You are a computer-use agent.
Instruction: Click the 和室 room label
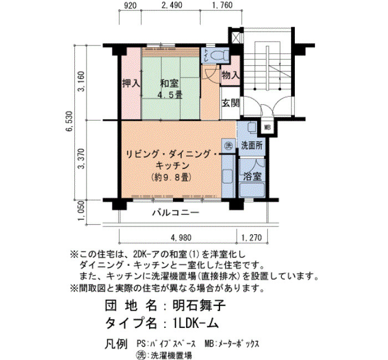click(x=169, y=84)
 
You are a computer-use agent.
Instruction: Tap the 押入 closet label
click(x=131, y=84)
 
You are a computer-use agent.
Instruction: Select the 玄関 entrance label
click(x=231, y=103)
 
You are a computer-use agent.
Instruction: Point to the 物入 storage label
click(x=231, y=75)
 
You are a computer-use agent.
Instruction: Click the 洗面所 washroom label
click(x=252, y=145)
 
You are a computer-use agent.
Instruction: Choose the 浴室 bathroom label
click(x=252, y=176)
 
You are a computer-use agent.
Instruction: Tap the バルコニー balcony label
click(x=176, y=212)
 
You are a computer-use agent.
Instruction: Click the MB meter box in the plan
click(x=268, y=127)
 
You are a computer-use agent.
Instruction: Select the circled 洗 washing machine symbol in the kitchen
click(x=228, y=146)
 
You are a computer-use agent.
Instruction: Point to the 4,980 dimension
click(x=181, y=238)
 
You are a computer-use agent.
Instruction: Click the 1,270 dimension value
click(x=252, y=238)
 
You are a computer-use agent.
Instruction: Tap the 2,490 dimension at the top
click(x=172, y=5)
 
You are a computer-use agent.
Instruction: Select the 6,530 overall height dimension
click(x=69, y=121)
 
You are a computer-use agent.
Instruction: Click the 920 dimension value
click(x=130, y=5)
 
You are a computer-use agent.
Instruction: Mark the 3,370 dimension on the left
click(x=81, y=158)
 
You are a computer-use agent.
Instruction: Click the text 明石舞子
click(x=198, y=305)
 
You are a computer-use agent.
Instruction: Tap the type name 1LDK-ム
click(x=196, y=323)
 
